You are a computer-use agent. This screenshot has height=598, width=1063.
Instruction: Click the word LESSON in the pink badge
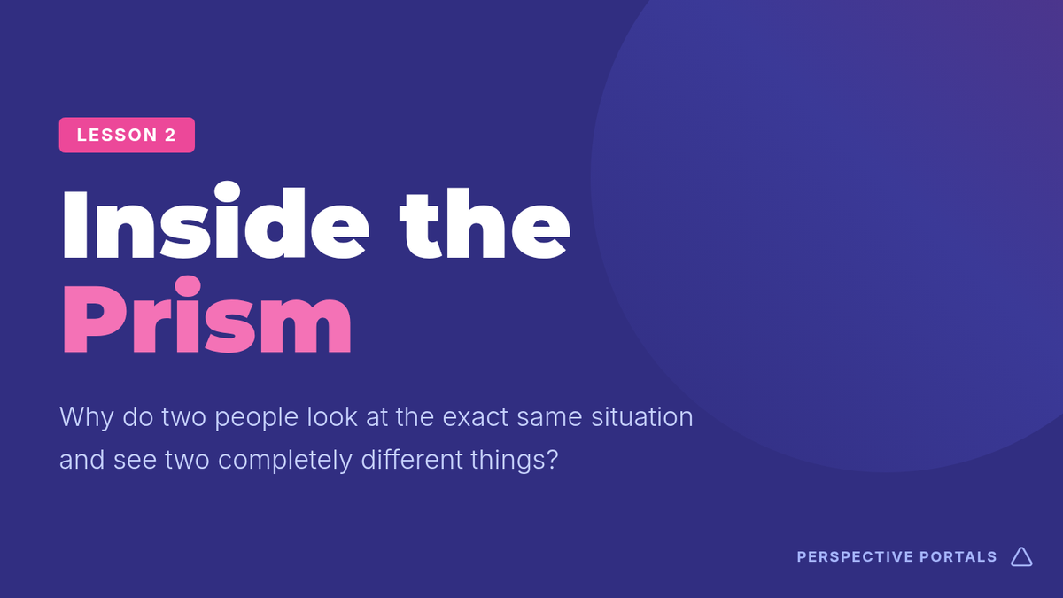pos(117,136)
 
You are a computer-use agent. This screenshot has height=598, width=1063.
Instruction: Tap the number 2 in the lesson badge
pos(170,136)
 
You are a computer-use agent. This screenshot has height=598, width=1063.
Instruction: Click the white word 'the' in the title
pos(485,223)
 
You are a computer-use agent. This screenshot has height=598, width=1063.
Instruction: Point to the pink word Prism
pos(207,315)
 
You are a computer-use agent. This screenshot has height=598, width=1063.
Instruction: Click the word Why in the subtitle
pos(87,417)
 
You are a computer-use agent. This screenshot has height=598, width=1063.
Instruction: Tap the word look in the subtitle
pos(332,416)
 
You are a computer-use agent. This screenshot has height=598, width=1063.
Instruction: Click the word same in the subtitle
pos(549,418)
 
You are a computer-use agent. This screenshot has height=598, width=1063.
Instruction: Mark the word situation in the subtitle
pos(642,416)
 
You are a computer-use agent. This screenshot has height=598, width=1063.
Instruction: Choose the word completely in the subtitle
pos(284,461)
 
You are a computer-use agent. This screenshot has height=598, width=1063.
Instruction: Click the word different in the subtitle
pos(412,460)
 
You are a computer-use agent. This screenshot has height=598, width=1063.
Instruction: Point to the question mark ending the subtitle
pos(553,460)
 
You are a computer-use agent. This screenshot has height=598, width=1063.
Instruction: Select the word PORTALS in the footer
pos(958,556)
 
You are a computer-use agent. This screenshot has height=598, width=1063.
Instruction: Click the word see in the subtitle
pos(135,462)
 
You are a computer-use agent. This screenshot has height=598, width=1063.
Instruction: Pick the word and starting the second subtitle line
pos(81,460)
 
